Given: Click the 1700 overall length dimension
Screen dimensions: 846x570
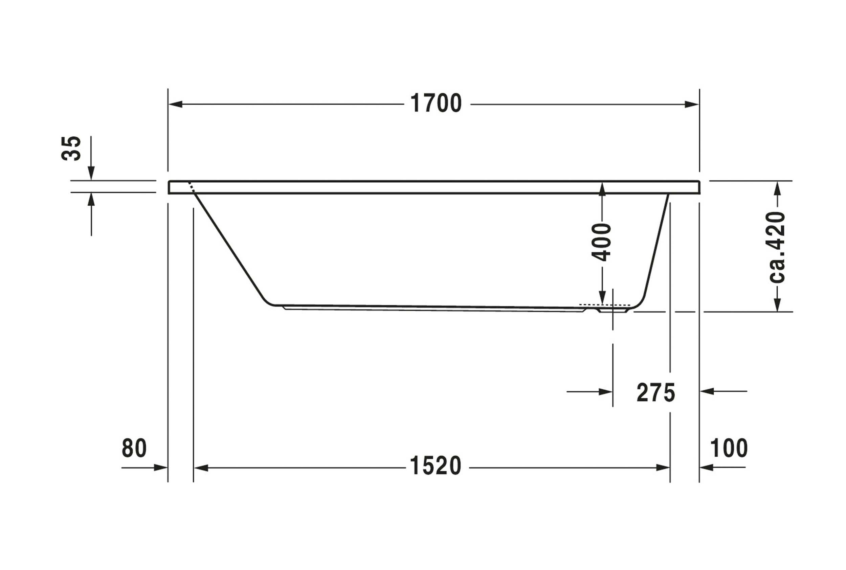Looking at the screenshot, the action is click(436, 103).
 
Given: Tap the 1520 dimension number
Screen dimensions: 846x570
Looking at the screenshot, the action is click(436, 466).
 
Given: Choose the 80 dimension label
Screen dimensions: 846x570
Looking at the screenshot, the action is click(134, 448).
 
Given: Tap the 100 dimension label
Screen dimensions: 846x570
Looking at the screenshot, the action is click(729, 448).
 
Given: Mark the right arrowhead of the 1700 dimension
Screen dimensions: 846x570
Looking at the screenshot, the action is click(691, 104).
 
